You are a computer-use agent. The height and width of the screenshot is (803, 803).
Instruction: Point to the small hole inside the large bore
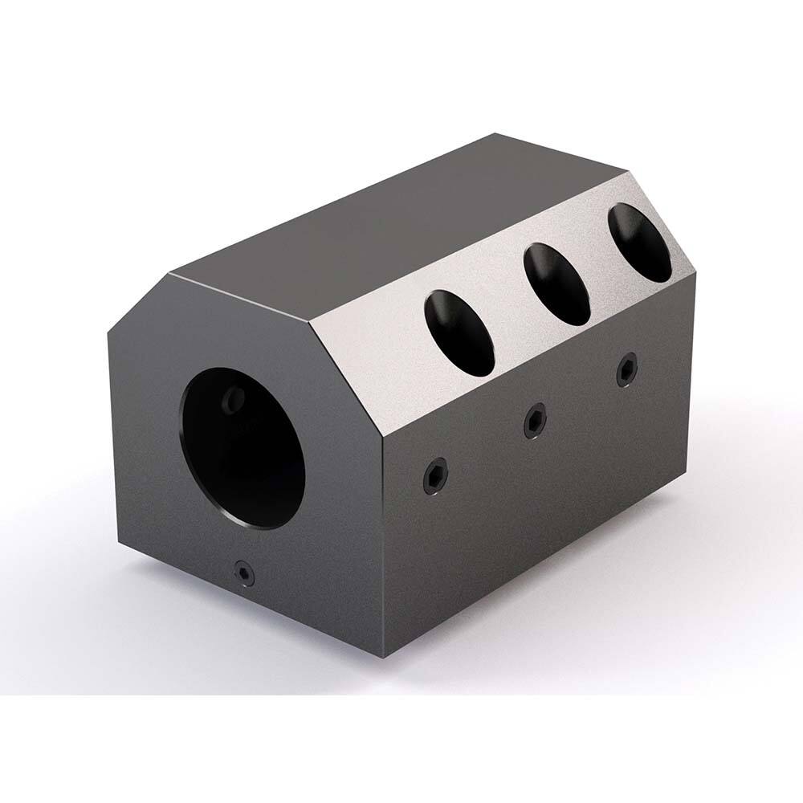click(x=234, y=396)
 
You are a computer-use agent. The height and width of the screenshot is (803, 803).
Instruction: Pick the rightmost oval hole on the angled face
click(x=640, y=243)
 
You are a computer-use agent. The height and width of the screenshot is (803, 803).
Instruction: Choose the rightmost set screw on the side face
click(x=626, y=370)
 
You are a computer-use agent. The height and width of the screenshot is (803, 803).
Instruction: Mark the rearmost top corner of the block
click(x=499, y=135)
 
